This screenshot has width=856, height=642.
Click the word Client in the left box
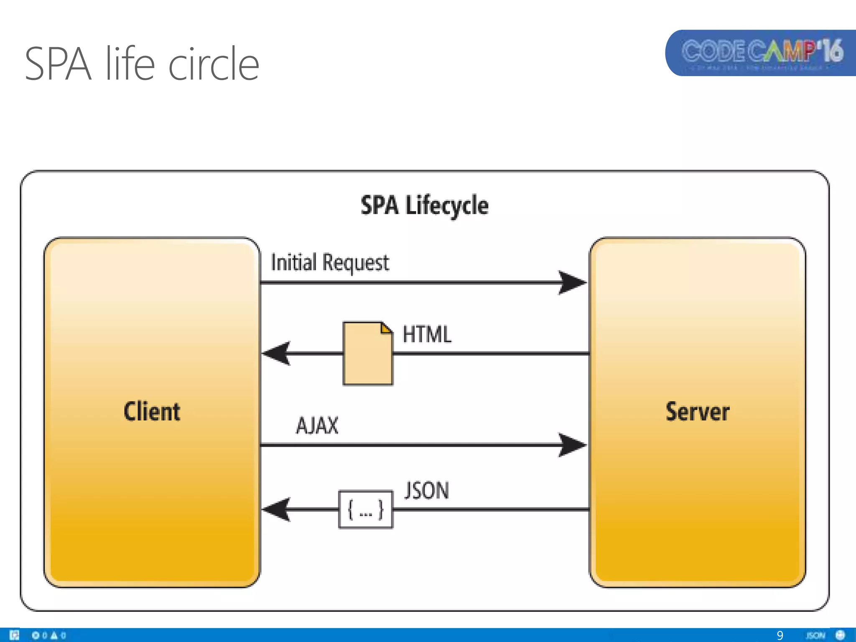tap(152, 411)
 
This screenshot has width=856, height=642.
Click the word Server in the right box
tap(697, 411)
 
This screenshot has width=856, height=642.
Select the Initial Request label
tap(330, 262)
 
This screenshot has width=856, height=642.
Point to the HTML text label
tap(427, 334)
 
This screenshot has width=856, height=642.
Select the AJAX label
tap(317, 425)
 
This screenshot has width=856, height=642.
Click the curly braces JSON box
tap(366, 510)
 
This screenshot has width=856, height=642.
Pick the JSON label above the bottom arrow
tap(426, 490)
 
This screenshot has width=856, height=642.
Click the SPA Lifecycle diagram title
tap(424, 205)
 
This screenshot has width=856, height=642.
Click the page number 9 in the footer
tap(780, 635)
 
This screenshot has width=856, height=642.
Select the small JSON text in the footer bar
tap(815, 635)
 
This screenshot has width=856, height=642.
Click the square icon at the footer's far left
tap(14, 635)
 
